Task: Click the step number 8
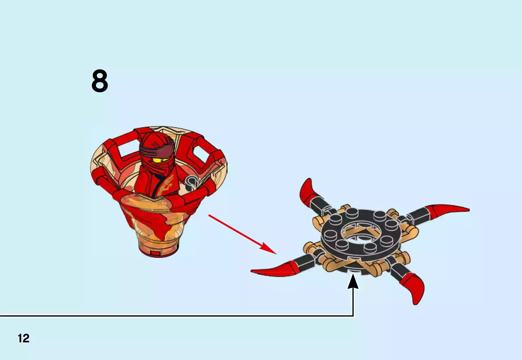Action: (x=99, y=81)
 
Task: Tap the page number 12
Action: (x=24, y=338)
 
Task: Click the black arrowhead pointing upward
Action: (x=353, y=282)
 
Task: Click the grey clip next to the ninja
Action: (x=191, y=182)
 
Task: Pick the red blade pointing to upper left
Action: (x=307, y=191)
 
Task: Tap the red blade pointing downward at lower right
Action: (x=415, y=288)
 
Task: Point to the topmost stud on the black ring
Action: (x=352, y=213)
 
